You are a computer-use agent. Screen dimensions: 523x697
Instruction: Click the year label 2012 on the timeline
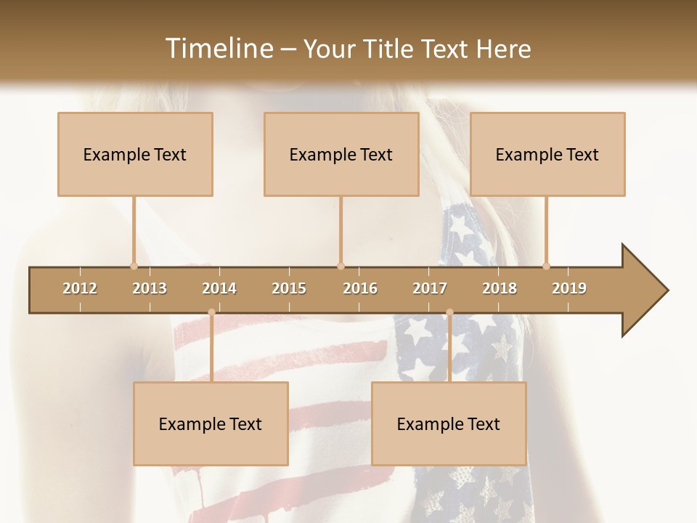pos(80,288)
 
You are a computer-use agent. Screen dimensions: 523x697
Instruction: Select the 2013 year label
pos(150,288)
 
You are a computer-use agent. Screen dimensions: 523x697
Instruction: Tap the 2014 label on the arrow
pos(219,288)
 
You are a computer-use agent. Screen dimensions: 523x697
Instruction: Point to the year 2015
pos(289,288)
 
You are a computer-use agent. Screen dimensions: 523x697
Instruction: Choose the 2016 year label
pos(360,288)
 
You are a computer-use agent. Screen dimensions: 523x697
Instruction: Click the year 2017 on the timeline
pos(430,288)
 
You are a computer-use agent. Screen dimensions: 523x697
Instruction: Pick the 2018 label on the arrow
pos(500,288)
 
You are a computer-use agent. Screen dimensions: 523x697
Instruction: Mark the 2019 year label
pos(569,288)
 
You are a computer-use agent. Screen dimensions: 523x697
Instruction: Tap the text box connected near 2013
pos(135,154)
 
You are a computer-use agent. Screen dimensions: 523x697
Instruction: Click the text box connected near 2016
pos(341,154)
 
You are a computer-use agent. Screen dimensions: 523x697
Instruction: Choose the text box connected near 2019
pos(547,154)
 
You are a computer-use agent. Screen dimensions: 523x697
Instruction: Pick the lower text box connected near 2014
pos(211,423)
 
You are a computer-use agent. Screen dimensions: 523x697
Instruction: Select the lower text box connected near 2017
pos(449,423)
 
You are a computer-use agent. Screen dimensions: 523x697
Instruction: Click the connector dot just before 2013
pos(134,266)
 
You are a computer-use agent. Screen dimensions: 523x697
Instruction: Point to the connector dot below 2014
pos(211,312)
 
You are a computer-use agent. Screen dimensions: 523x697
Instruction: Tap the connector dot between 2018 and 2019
pos(546,266)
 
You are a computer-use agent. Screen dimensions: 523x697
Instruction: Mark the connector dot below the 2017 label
pos(449,312)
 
